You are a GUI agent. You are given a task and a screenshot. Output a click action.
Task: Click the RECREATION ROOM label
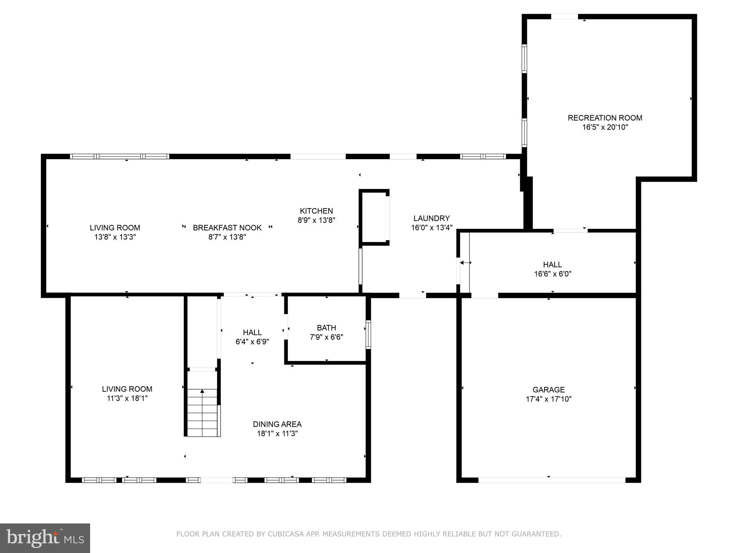605,118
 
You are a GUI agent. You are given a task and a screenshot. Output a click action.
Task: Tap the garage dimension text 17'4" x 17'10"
548,399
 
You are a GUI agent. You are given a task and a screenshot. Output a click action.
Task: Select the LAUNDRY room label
431,218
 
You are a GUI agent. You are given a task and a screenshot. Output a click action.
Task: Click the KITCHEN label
316,211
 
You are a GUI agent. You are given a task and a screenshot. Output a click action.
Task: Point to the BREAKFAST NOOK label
227,228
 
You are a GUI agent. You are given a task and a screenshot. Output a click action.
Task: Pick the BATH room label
326,328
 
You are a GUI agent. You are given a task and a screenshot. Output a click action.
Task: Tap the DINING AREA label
277,424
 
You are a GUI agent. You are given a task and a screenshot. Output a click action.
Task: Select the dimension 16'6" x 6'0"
552,274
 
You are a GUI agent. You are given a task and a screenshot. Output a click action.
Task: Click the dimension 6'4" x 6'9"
252,342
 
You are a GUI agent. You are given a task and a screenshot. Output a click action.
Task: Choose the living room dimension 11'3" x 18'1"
127,398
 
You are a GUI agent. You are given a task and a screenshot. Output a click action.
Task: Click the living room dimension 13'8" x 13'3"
115,237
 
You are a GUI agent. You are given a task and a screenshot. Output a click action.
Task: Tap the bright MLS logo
45,538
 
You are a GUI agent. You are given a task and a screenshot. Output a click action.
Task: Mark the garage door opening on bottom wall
551,480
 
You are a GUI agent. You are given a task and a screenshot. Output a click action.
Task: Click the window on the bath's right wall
368,334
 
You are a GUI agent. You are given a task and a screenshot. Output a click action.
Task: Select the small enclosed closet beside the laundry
374,217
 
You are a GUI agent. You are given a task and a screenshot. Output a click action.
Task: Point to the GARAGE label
548,390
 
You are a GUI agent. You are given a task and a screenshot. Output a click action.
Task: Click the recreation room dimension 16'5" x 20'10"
605,127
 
